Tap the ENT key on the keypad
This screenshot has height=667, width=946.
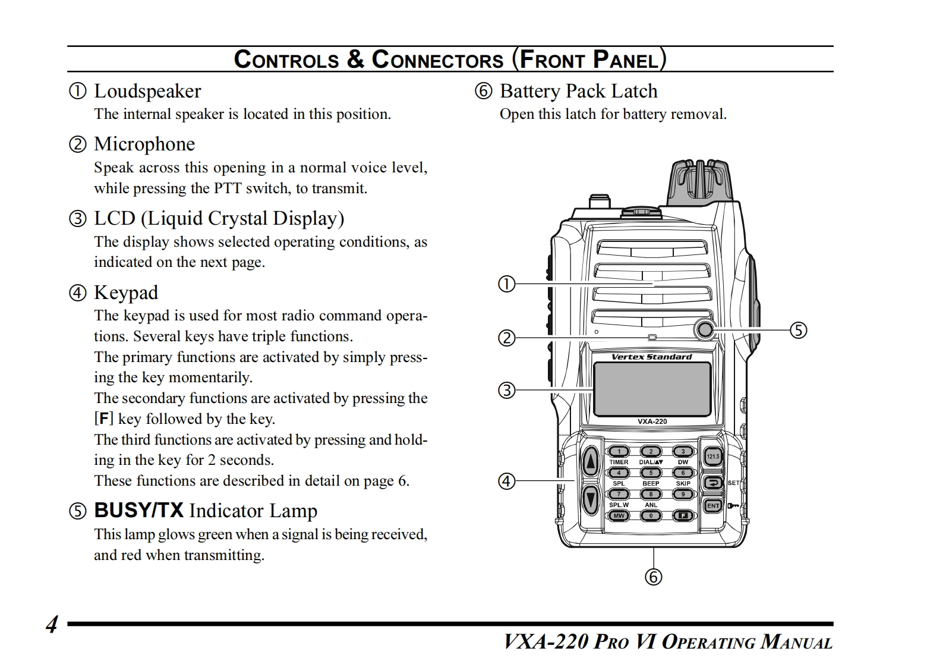point(713,506)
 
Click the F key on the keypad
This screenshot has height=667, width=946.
point(683,515)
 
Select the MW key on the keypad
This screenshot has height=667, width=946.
point(619,515)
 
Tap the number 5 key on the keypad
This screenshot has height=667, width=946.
point(651,473)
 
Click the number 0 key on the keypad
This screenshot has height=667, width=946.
point(651,515)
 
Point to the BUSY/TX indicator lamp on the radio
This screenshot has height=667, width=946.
point(705,329)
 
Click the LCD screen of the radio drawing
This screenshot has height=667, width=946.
point(652,389)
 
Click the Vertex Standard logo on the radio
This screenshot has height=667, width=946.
point(652,357)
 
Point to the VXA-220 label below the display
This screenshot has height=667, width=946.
point(652,421)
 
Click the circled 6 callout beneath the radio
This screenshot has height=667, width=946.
point(653,577)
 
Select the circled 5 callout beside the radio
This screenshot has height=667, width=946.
point(798,330)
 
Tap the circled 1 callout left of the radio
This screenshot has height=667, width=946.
point(506,284)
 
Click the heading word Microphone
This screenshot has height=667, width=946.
point(144,144)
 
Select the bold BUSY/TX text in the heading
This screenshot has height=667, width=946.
point(138,511)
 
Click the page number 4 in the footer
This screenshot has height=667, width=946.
point(52,625)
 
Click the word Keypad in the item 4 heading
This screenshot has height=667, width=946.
point(126,292)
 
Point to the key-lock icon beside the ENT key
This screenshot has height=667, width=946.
point(733,506)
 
